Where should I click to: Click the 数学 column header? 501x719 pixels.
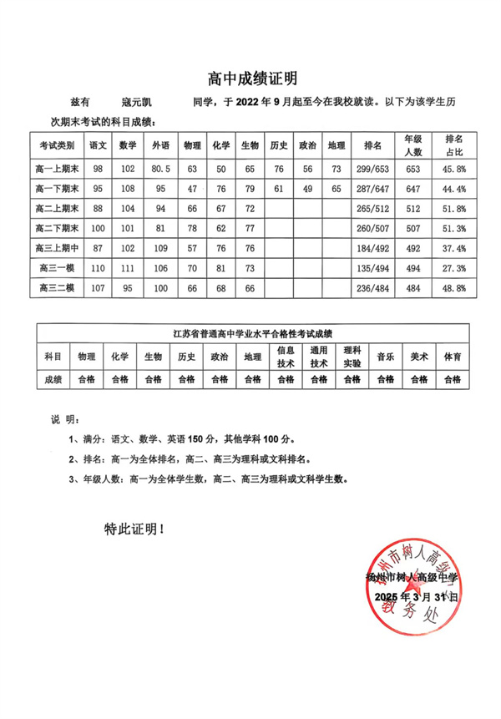[128, 145]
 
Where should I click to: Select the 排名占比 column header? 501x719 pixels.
[456, 145]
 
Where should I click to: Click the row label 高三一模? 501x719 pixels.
[58, 268]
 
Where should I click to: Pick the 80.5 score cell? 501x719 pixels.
[160, 169]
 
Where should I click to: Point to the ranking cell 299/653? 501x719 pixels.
[373, 169]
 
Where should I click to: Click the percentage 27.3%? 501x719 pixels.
[456, 268]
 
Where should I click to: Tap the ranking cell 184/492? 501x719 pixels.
[373, 248]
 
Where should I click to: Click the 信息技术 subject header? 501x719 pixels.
[286, 357]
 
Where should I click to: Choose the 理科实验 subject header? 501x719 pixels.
[352, 357]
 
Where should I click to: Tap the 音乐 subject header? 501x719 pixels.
[385, 357]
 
